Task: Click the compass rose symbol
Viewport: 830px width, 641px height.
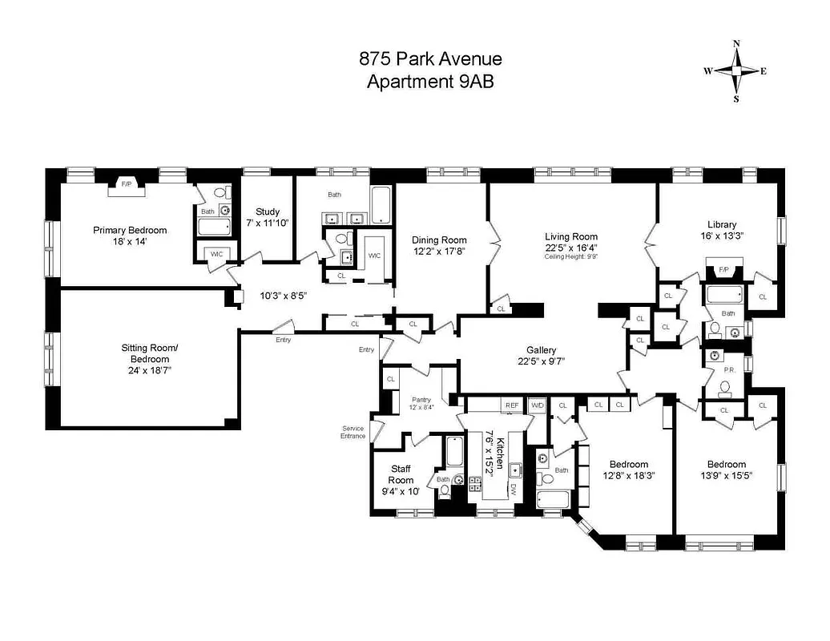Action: point(736,71)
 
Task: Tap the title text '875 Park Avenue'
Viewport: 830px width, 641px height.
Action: point(430,59)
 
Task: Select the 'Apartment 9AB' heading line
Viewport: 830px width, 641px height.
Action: point(430,81)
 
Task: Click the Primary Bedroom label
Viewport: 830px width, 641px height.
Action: point(130,230)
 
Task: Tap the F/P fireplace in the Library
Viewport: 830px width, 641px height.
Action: point(723,270)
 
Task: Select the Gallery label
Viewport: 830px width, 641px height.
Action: point(541,350)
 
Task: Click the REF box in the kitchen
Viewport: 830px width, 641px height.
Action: point(511,406)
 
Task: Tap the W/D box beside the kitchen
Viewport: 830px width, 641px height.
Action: point(536,406)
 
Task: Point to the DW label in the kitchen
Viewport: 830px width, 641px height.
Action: point(512,489)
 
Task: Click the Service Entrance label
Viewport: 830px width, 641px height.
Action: point(353,432)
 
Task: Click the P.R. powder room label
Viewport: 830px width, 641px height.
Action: point(730,371)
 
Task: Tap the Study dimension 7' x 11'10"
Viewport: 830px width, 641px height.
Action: point(268,223)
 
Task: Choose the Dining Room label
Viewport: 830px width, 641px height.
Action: point(439,240)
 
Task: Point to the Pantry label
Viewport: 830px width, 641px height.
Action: point(421,400)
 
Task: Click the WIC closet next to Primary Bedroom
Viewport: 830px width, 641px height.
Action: point(216,254)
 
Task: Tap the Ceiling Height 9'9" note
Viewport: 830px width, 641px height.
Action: point(570,256)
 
